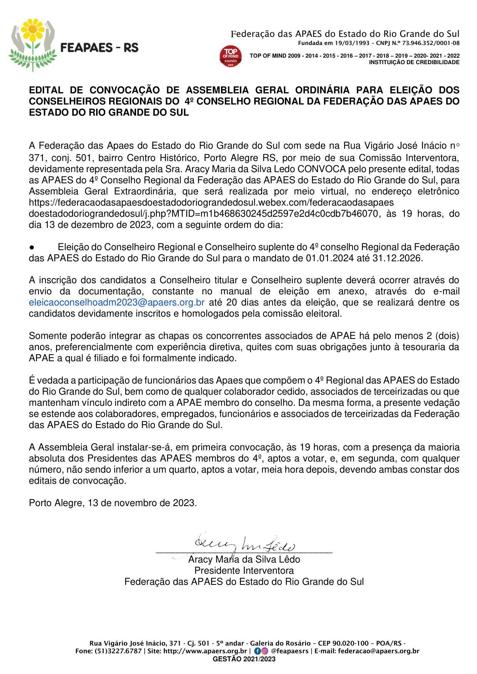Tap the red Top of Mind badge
(231, 56)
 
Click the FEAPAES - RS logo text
(100, 48)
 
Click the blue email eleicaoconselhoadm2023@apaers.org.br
(116, 302)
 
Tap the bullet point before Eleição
(32, 247)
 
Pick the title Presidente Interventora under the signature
(244, 570)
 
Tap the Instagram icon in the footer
(264, 651)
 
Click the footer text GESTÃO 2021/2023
(244, 659)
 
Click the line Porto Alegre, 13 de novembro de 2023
(113, 503)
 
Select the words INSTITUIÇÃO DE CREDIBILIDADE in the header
(414, 62)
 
